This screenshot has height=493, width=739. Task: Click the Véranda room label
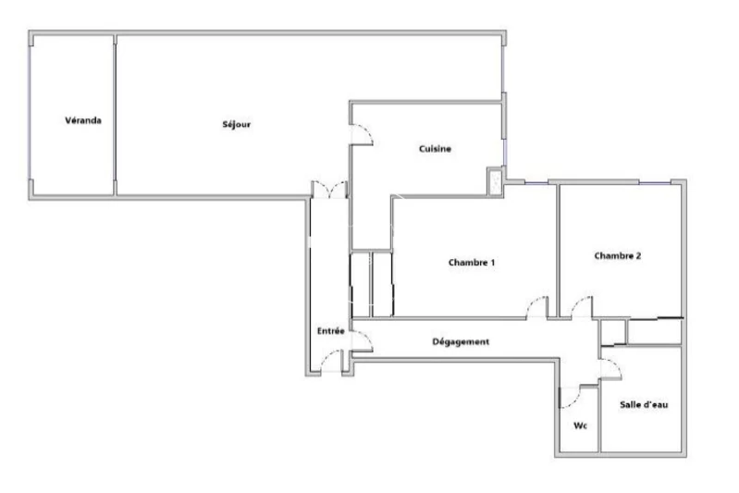[x=83, y=120]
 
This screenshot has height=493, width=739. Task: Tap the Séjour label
[x=237, y=125]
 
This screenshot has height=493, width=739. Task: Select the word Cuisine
[x=435, y=149]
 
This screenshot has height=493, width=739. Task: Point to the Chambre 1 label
[x=472, y=263]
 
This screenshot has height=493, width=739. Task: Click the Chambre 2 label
[x=618, y=256]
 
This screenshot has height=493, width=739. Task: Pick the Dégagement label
[x=461, y=341]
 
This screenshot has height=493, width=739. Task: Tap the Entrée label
[x=331, y=331]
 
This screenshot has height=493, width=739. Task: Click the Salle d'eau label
[x=644, y=404]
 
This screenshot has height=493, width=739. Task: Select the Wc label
[x=580, y=426]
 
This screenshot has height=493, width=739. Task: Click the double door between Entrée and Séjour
[x=330, y=190]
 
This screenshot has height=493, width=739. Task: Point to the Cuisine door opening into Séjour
[x=362, y=135]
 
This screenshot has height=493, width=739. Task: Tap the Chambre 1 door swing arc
[x=537, y=307]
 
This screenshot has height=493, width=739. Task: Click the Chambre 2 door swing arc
[x=581, y=307]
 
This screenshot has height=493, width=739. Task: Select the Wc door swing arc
[x=570, y=397]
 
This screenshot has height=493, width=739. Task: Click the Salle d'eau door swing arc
[x=610, y=368]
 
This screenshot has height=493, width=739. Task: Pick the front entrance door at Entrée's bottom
[x=331, y=362]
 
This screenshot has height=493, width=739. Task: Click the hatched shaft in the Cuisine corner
[x=495, y=181]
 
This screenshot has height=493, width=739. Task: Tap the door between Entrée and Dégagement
[x=363, y=340]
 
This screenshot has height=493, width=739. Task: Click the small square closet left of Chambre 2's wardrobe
[x=612, y=332]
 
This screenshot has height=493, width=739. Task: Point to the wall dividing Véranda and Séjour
[x=115, y=115]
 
